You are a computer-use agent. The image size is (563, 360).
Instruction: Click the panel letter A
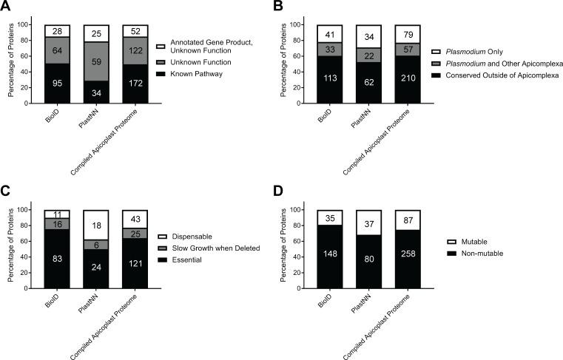tap(7, 7)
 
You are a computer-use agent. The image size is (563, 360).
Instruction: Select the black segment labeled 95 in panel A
tap(56, 83)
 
